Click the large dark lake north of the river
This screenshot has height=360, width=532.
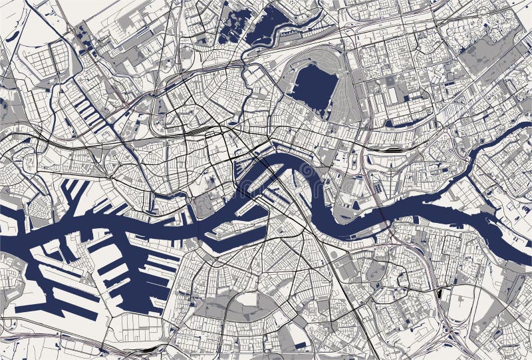point(313,87)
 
